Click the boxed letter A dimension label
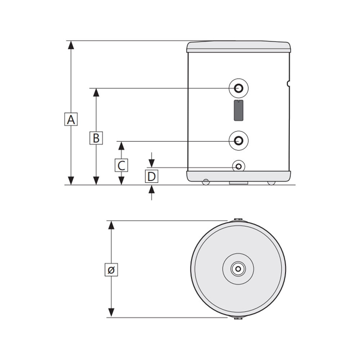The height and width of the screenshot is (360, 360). point(71,119)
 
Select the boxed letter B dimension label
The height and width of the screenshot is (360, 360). point(96,138)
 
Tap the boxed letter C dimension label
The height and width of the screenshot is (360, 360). point(121,165)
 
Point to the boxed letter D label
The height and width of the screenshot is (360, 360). point(152,176)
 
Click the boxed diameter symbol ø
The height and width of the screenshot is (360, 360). point(111,270)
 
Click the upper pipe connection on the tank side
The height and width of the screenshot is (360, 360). point(239,88)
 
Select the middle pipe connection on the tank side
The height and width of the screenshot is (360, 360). point(239,140)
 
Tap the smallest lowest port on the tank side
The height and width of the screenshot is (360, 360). point(239,166)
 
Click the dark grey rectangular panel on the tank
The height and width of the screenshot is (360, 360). point(239,111)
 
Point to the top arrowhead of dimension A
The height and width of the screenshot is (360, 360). point(71,45)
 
